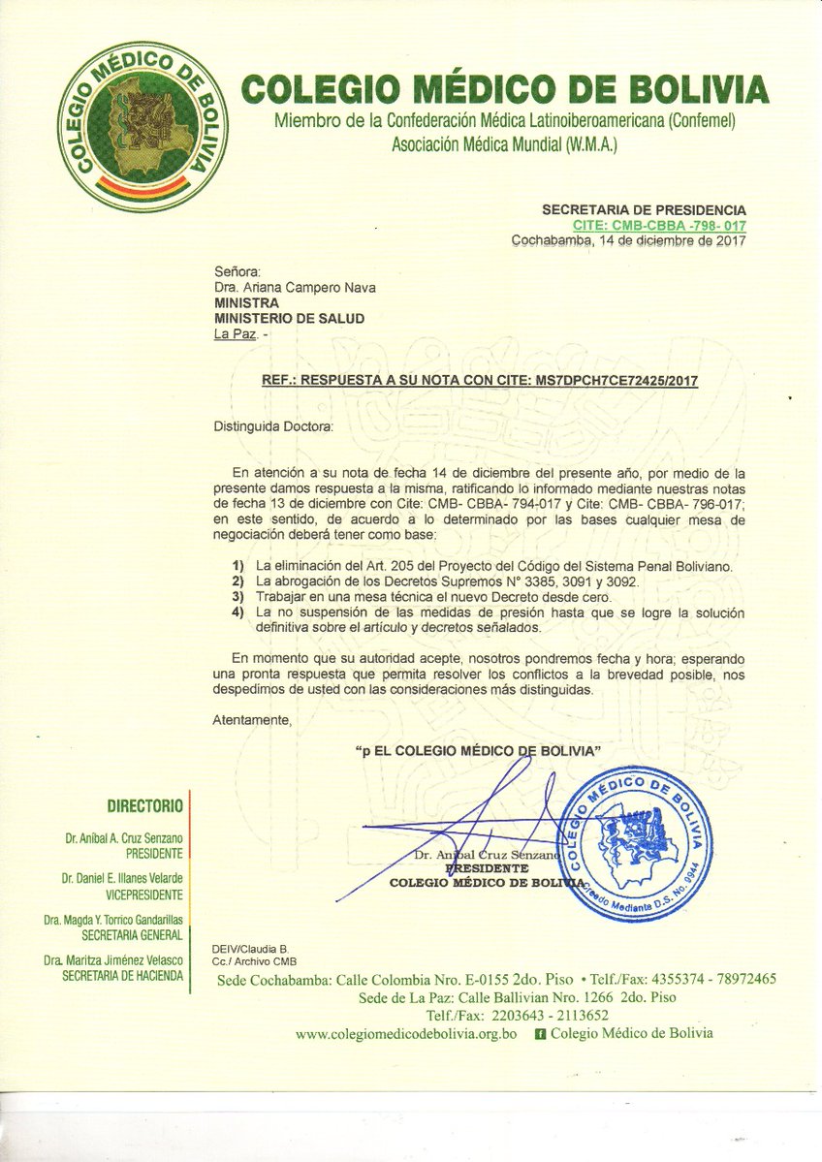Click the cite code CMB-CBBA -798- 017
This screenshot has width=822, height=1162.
pyautogui.click(x=659, y=225)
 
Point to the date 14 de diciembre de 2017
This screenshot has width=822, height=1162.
pyautogui.click(x=674, y=240)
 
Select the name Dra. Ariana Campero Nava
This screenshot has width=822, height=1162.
pyautogui.click(x=295, y=287)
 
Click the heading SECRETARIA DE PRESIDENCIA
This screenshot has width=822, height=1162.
pyautogui.click(x=644, y=209)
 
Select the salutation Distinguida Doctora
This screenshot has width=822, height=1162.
pyautogui.click(x=272, y=425)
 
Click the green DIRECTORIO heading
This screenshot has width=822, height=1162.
pyautogui.click(x=144, y=805)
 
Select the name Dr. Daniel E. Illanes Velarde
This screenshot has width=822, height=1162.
pyautogui.click(x=122, y=878)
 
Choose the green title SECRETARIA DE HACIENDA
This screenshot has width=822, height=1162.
pyautogui.click(x=122, y=975)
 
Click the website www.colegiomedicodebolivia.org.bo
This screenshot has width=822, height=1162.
pyautogui.click(x=413, y=1034)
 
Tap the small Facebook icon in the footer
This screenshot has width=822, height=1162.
pyautogui.click(x=540, y=1034)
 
